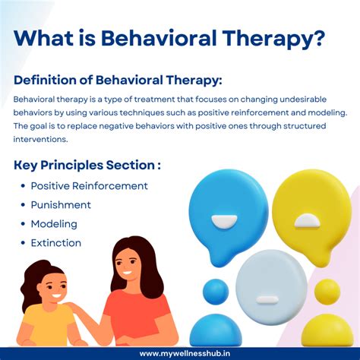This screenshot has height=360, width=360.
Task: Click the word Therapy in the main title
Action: coord(275,39)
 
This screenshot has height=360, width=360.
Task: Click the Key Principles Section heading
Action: coord(87,165)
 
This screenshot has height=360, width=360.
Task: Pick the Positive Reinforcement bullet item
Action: coord(89,186)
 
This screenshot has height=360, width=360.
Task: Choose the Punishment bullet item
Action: coord(61,205)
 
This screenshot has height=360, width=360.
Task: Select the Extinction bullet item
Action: coord(55,243)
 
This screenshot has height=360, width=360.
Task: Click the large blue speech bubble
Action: coord(227,208)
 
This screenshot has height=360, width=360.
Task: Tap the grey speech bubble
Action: coord(270,286)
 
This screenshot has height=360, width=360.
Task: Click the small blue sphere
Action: coord(216,292)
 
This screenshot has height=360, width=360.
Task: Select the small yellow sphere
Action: coord(327,292)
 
